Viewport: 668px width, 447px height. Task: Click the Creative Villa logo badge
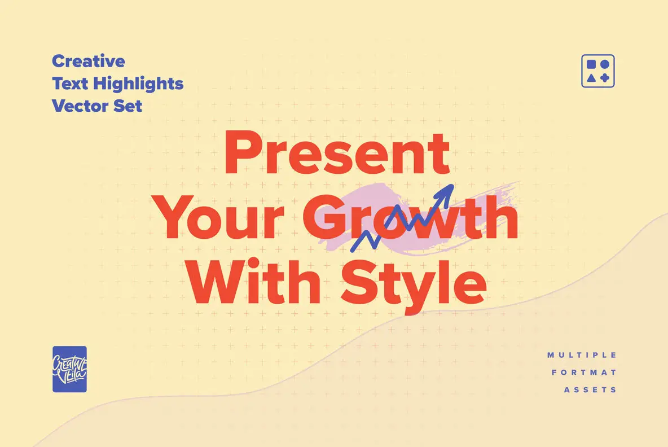(69, 369)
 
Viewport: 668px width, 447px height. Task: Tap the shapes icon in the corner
(597, 71)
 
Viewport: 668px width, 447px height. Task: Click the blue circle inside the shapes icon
(604, 64)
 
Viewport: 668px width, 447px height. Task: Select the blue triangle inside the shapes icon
(591, 78)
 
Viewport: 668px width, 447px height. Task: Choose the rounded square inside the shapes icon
(591, 64)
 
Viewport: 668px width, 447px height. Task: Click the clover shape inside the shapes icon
(604, 78)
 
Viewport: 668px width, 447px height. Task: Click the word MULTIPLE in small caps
(582, 355)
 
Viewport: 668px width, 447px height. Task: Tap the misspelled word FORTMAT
(584, 373)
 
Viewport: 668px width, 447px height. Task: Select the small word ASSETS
(590, 390)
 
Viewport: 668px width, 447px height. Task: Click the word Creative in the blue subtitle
(89, 61)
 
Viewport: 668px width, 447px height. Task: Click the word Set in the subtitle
(129, 106)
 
